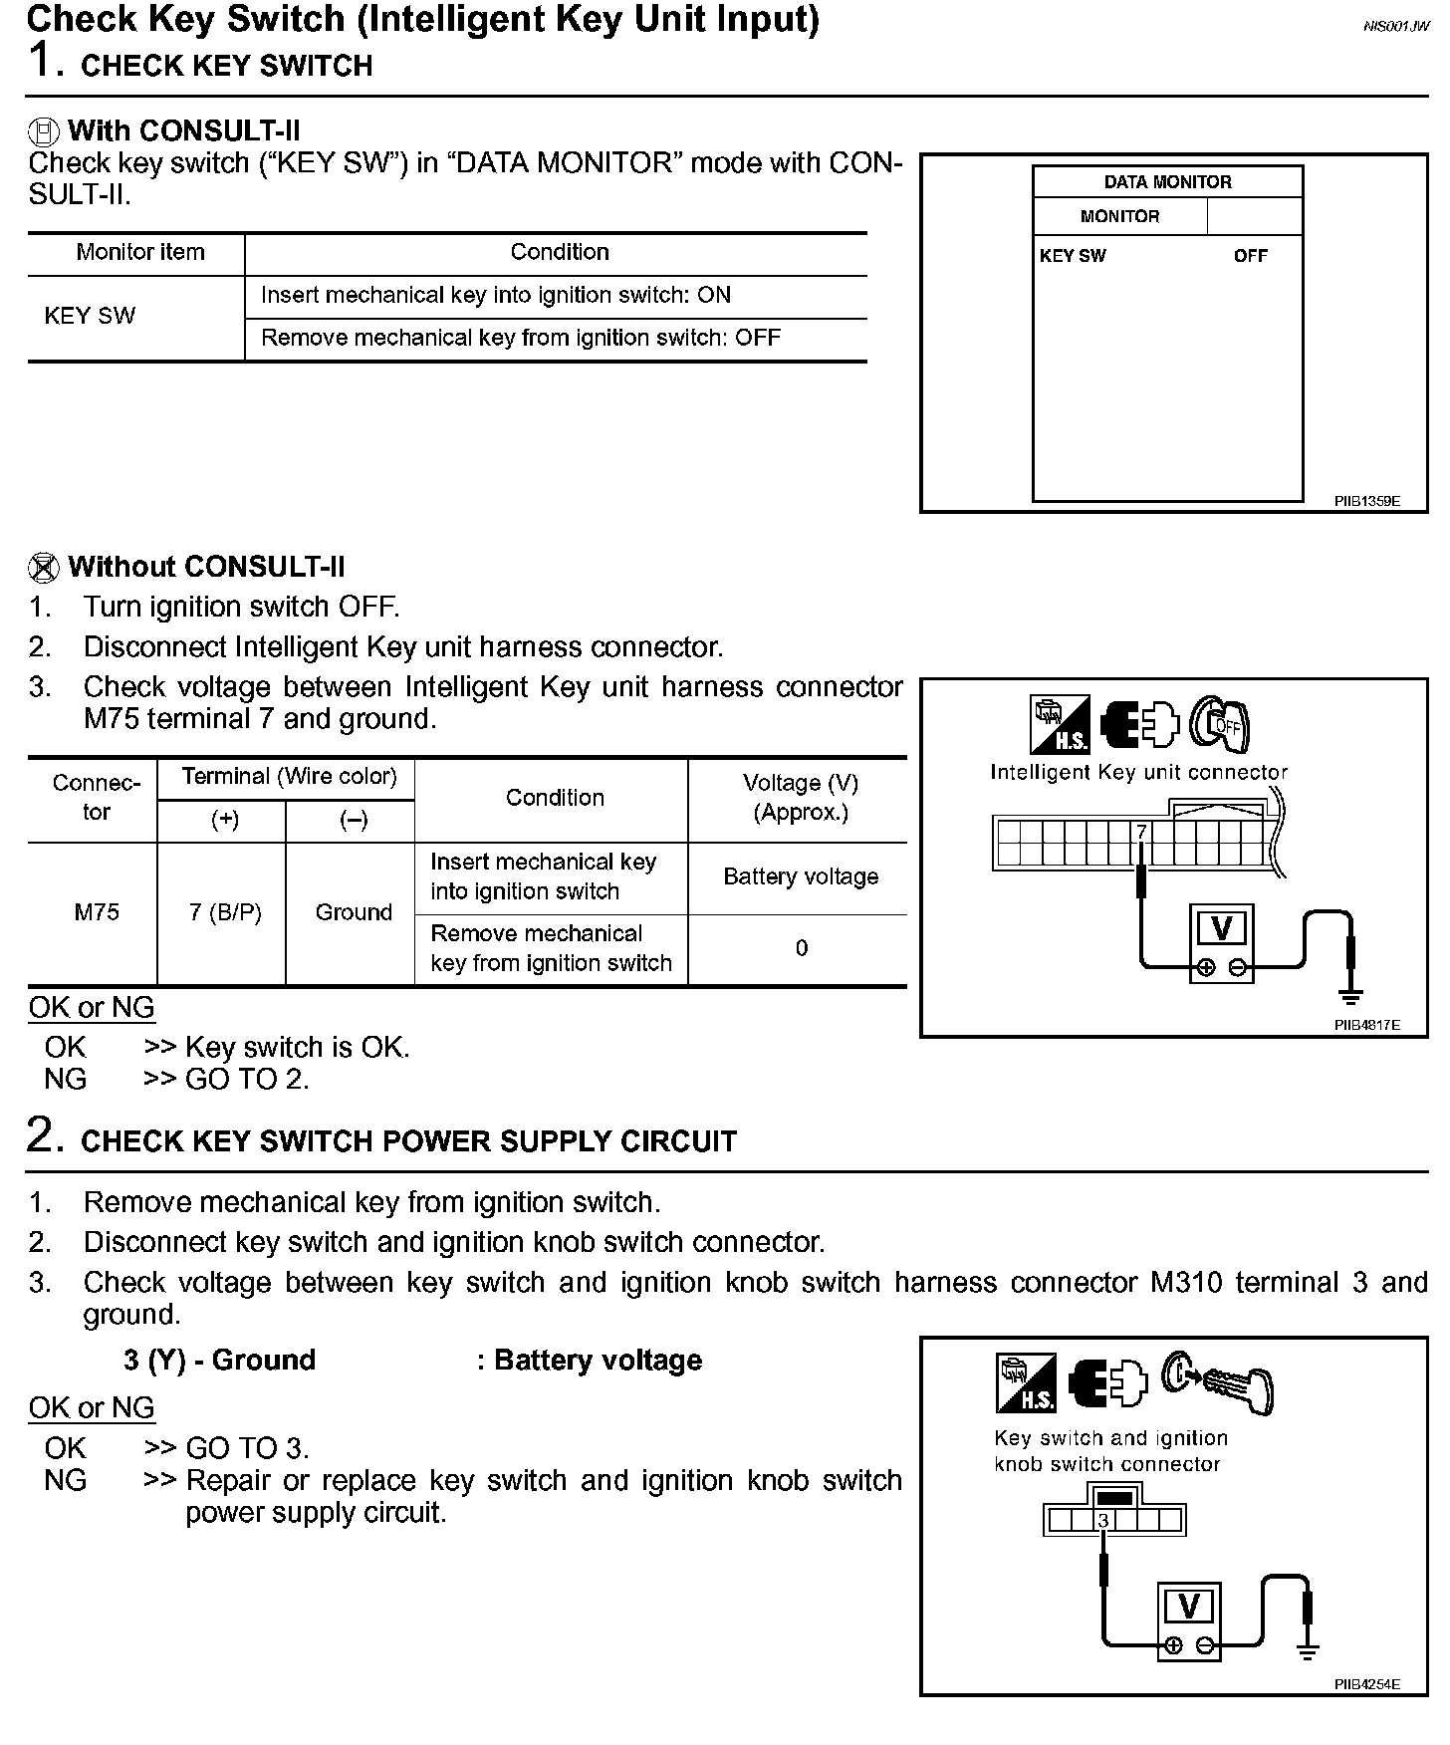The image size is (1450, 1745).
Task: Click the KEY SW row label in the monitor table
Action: coord(90,317)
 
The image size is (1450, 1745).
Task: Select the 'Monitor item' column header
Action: coord(140,253)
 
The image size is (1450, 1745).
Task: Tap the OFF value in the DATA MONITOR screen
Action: coord(1250,256)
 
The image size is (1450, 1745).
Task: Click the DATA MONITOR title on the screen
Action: coord(1167,182)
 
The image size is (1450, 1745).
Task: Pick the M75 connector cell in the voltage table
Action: coord(97,912)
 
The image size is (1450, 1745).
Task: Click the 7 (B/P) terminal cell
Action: coord(225,912)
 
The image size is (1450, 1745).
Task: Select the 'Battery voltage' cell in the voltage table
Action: coord(801,876)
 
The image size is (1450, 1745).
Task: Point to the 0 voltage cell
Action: coord(802,948)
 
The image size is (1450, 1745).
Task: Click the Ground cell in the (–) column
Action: coord(354,912)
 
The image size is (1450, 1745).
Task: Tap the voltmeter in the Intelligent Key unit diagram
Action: coord(1221,942)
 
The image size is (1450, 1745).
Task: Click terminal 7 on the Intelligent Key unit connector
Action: coord(1141,832)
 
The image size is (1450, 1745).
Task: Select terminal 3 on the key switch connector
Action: coord(1103,1521)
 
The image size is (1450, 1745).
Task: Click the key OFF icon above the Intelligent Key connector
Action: coord(1221,724)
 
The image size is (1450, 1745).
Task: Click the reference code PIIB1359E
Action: coord(1366,502)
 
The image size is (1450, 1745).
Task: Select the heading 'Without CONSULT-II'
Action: coord(206,568)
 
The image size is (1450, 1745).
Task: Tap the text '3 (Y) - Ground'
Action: coord(219,1361)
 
